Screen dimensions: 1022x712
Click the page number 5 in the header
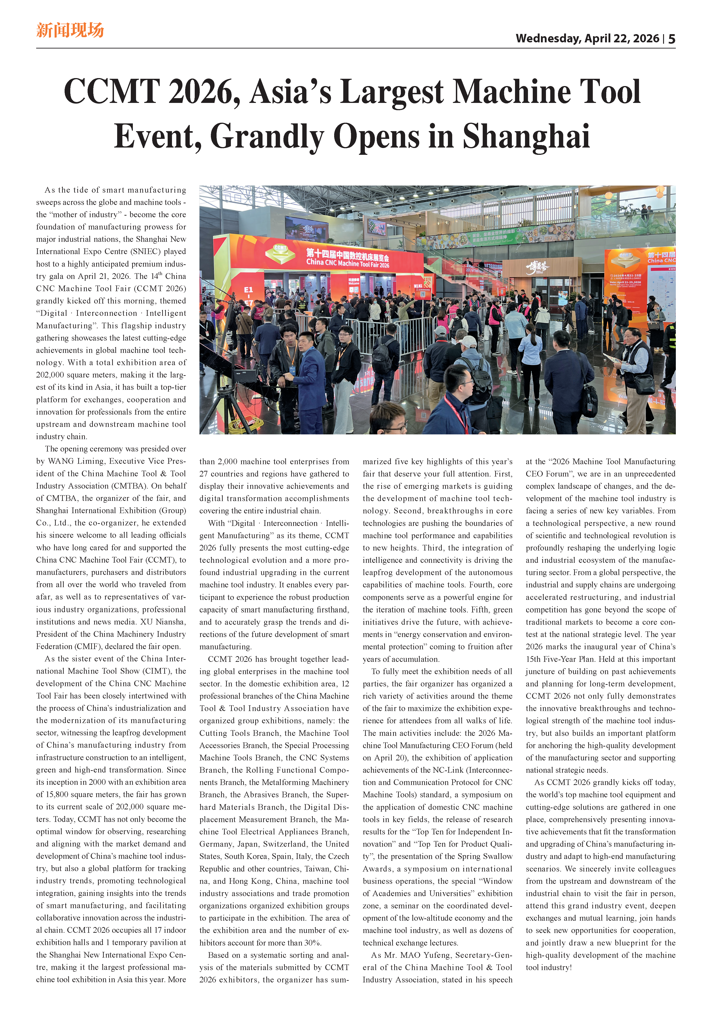point(672,39)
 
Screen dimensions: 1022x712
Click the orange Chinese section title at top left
point(70,30)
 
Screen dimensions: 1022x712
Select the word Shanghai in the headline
point(526,136)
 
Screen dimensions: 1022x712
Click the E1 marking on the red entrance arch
point(248,290)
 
